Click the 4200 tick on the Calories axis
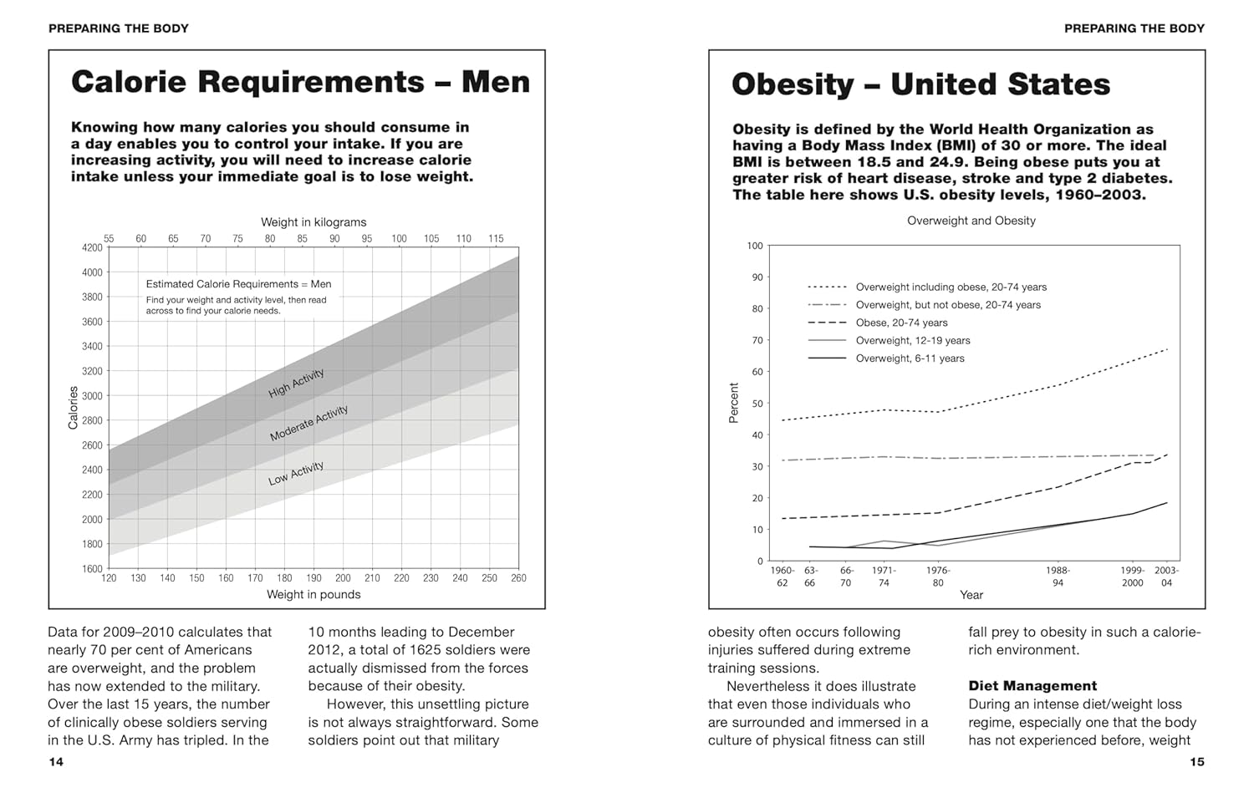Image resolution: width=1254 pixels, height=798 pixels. click(92, 247)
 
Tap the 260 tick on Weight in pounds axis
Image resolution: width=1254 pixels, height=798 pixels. click(518, 578)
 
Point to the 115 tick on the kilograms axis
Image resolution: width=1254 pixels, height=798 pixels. click(496, 239)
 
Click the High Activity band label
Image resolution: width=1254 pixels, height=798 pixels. click(296, 383)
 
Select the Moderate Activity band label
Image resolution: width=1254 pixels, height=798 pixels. click(308, 424)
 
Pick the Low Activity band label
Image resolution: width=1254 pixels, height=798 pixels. click(295, 474)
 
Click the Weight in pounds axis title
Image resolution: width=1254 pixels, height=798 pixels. click(313, 595)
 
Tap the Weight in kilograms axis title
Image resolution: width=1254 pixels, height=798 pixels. click(313, 222)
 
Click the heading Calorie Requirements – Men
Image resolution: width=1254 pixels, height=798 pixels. click(300, 82)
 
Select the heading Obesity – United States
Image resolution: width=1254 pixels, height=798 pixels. click(920, 84)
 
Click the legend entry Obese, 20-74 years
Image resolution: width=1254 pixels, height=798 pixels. click(901, 323)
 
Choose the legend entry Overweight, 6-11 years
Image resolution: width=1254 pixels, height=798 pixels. click(910, 358)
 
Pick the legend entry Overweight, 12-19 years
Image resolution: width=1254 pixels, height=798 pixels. click(913, 341)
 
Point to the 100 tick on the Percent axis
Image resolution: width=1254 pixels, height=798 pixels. click(755, 246)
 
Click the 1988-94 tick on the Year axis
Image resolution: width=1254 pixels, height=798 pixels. click(1058, 577)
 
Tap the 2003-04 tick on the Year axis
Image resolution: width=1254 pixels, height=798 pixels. click(1166, 577)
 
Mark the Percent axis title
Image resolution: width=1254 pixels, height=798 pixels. click(734, 403)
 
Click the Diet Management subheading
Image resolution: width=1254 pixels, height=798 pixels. click(1032, 686)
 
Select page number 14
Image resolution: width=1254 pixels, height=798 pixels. click(56, 761)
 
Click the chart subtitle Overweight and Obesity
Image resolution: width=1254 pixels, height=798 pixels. click(971, 221)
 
